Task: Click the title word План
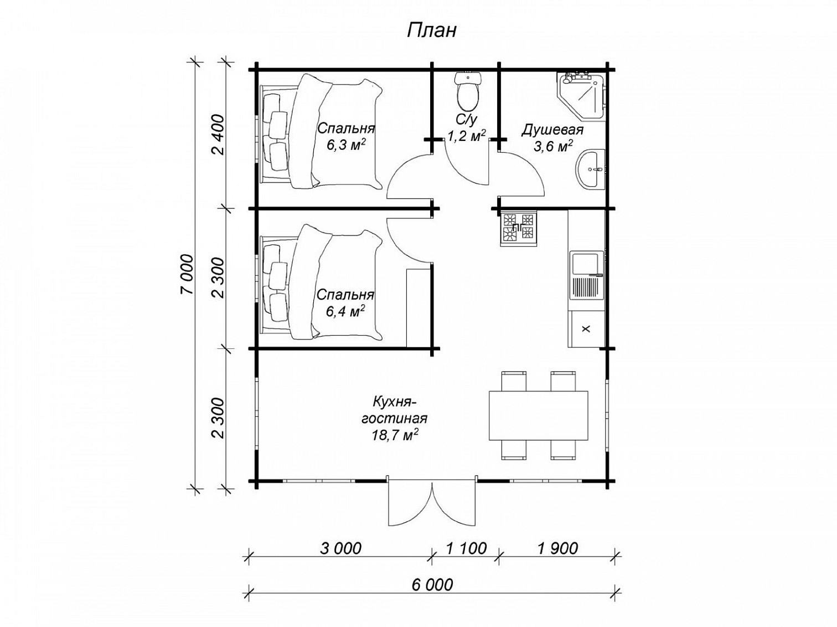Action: (432, 31)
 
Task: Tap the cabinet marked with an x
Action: (586, 328)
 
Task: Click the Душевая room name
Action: (552, 129)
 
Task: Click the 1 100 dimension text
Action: (466, 548)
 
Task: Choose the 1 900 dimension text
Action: (557, 548)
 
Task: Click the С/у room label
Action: (466, 119)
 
